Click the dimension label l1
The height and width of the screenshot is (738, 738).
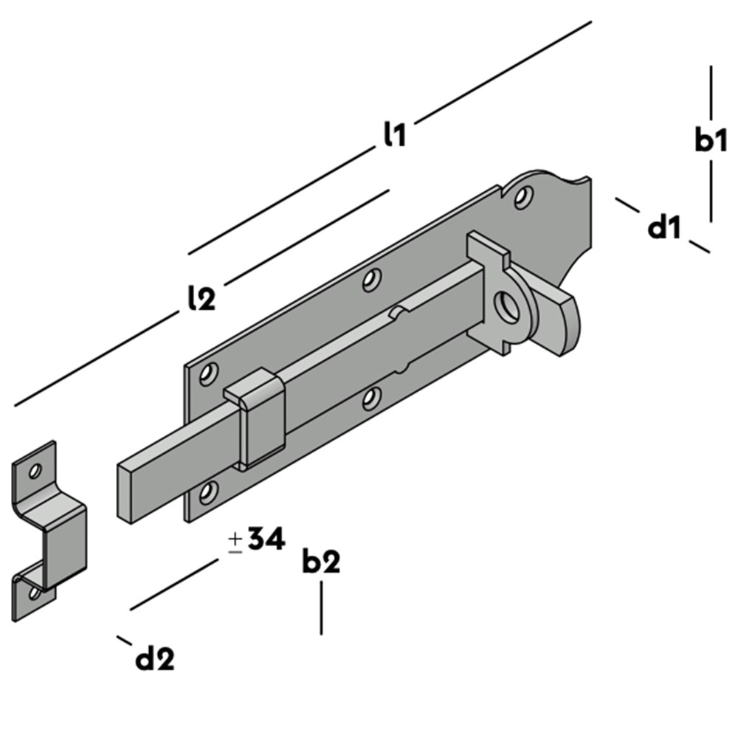394,134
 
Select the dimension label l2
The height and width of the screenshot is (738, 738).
201,297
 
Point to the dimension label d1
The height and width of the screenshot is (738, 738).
664,228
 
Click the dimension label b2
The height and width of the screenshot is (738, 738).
321,561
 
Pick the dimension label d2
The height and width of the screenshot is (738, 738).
154,658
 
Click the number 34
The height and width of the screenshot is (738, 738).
266,539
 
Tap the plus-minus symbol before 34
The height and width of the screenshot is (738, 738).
235,542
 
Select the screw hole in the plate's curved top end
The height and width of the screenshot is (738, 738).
523,197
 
